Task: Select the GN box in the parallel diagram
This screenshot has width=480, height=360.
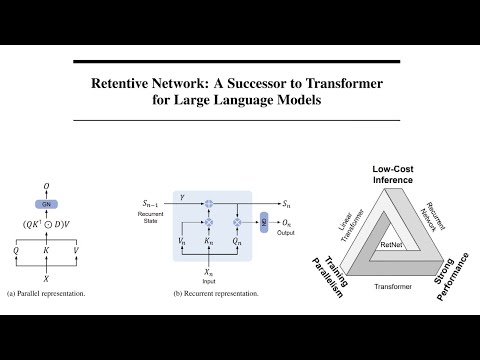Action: (46, 203)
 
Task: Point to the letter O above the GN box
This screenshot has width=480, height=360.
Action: (46, 185)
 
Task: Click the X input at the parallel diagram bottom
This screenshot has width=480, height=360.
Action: (46, 279)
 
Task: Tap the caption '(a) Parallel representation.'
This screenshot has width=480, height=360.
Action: (46, 294)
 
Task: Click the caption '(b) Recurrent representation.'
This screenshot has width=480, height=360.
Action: (215, 294)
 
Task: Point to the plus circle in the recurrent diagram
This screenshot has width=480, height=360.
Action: (209, 203)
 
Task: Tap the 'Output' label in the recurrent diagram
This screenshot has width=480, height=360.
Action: (288, 235)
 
